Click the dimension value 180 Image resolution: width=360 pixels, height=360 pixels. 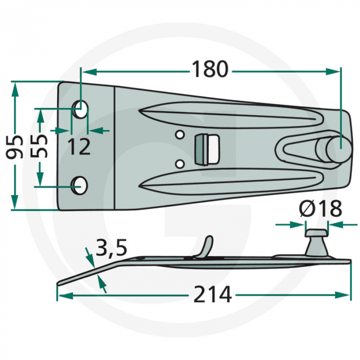[209, 69]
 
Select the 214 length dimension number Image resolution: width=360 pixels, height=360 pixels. [213, 295]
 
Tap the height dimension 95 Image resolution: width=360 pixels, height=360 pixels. [17, 147]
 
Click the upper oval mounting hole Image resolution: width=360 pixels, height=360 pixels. [80, 110]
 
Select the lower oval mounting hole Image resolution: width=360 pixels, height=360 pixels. [79, 185]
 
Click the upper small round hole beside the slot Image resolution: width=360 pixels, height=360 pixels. [179, 135]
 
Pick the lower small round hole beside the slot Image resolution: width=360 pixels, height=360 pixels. [179, 164]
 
